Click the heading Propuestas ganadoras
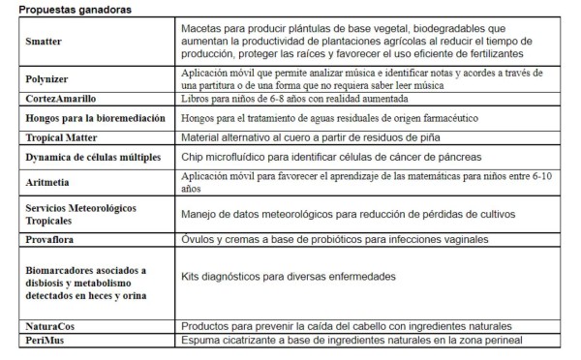pos(76,10)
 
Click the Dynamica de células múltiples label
pos(93,157)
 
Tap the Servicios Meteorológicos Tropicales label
pos(81,214)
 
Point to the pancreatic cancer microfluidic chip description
pos(352,157)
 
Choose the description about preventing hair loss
pos(346,327)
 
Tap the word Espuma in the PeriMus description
pos(201,341)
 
